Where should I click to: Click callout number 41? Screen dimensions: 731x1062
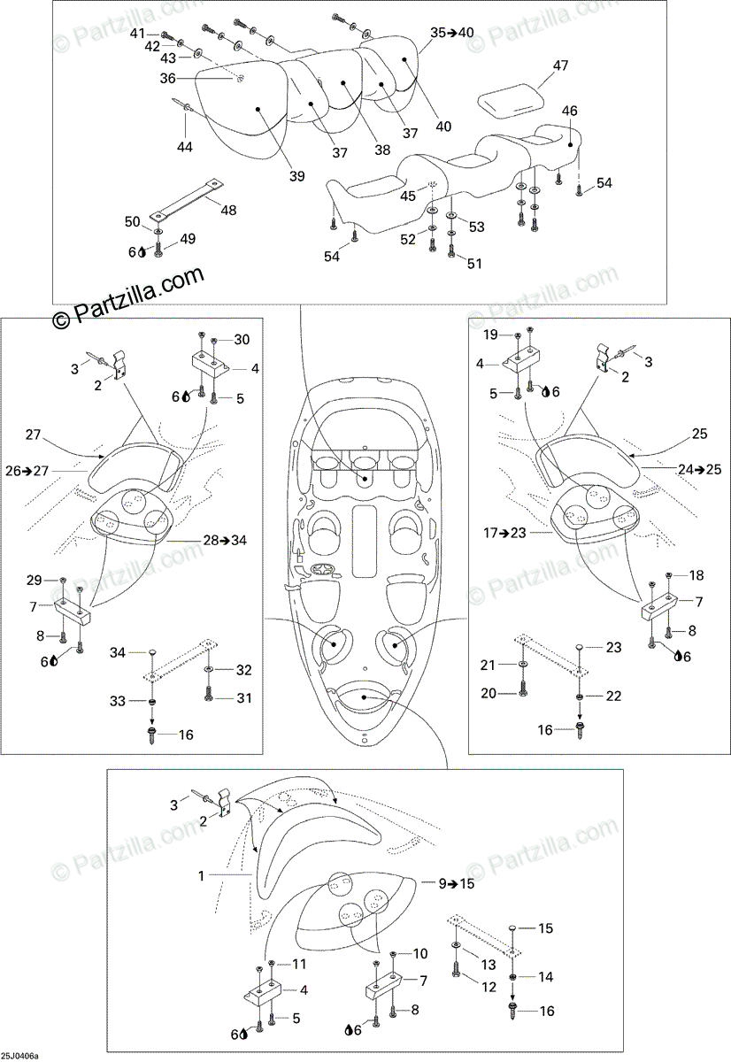click(137, 34)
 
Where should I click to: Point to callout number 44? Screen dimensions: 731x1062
click(184, 147)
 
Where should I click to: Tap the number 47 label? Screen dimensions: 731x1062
click(561, 66)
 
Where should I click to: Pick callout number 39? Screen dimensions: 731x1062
click(296, 176)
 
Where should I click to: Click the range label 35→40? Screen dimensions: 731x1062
click(452, 33)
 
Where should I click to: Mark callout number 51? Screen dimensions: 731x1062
click(474, 263)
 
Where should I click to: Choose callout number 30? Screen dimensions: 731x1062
click(242, 340)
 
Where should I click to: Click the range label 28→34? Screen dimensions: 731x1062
click(224, 540)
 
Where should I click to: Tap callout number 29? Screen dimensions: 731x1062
click(34, 580)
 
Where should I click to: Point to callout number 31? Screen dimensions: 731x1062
click(243, 698)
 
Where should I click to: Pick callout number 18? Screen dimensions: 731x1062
click(696, 575)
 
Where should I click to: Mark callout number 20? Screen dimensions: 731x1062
click(489, 694)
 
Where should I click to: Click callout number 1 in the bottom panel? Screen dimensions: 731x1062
click(202, 876)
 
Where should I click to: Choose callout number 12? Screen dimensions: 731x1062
click(487, 985)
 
